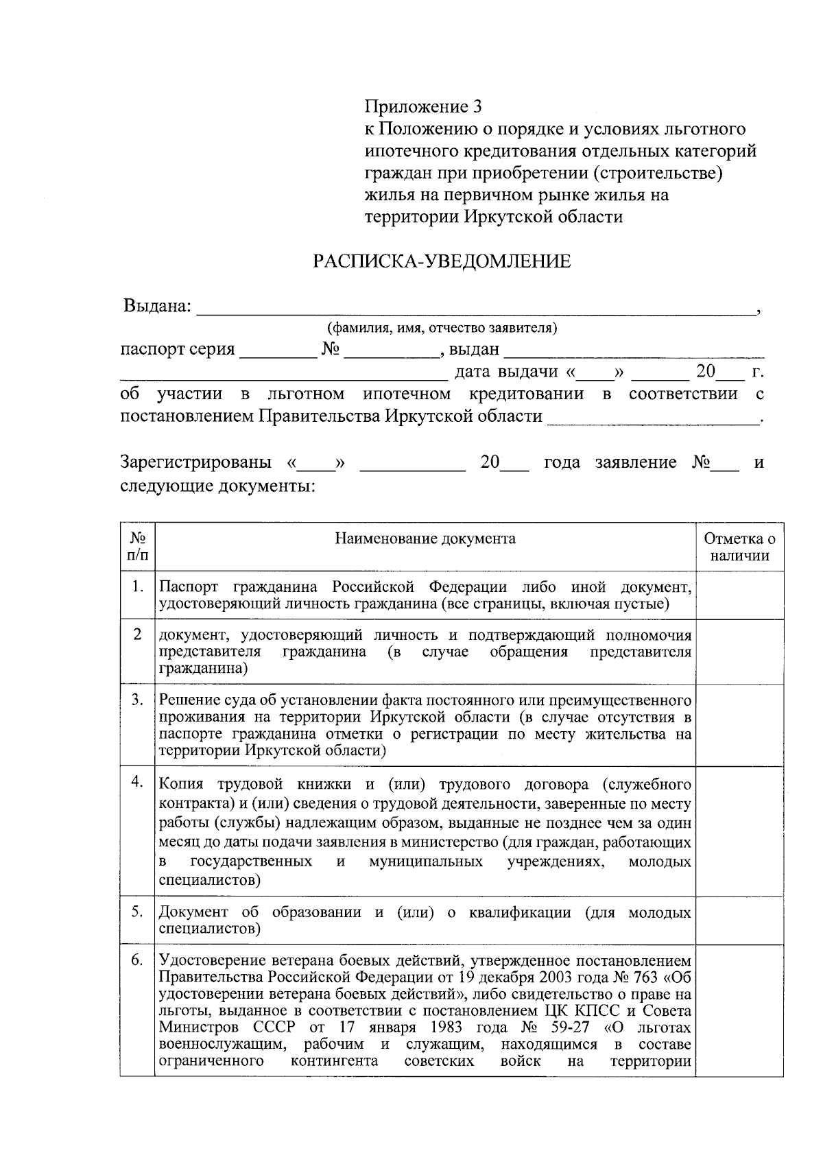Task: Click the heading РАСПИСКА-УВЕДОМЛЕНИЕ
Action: pyautogui.click(x=442, y=261)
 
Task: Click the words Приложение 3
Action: pyautogui.click(x=422, y=107)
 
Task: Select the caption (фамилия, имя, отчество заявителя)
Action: pyautogui.click(x=442, y=328)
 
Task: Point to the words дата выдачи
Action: pyautogui.click(x=507, y=372)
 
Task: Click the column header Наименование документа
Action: pyautogui.click(x=425, y=538)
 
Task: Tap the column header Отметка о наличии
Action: pyautogui.click(x=739, y=547)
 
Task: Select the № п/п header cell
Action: pyautogui.click(x=137, y=547)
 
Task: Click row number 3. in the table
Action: pyautogui.click(x=137, y=700)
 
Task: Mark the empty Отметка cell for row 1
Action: pyautogui.click(x=739, y=595)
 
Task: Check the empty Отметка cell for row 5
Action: pyautogui.click(x=739, y=920)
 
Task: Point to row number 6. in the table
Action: pyautogui.click(x=137, y=960)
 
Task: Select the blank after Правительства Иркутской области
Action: pyautogui.click(x=652, y=418)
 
